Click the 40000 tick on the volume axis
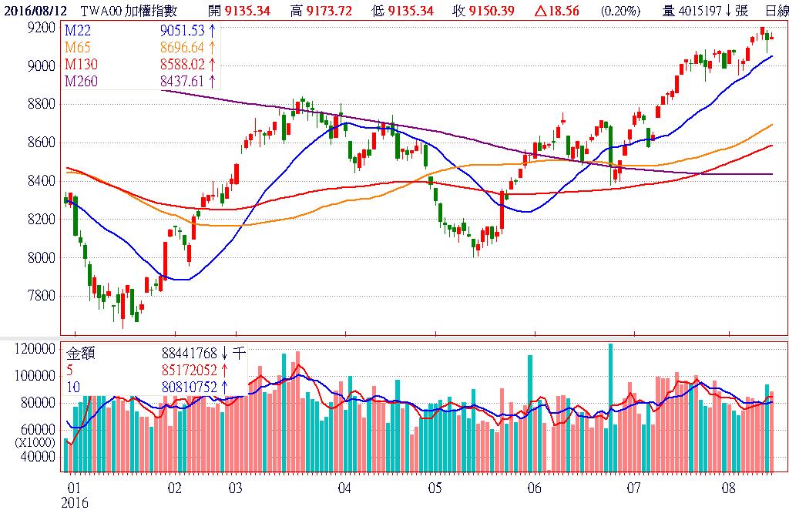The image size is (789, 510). tap(39, 457)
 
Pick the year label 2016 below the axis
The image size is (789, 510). tap(75, 502)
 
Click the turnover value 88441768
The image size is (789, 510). tap(189, 354)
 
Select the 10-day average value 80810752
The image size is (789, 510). tap(189, 387)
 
